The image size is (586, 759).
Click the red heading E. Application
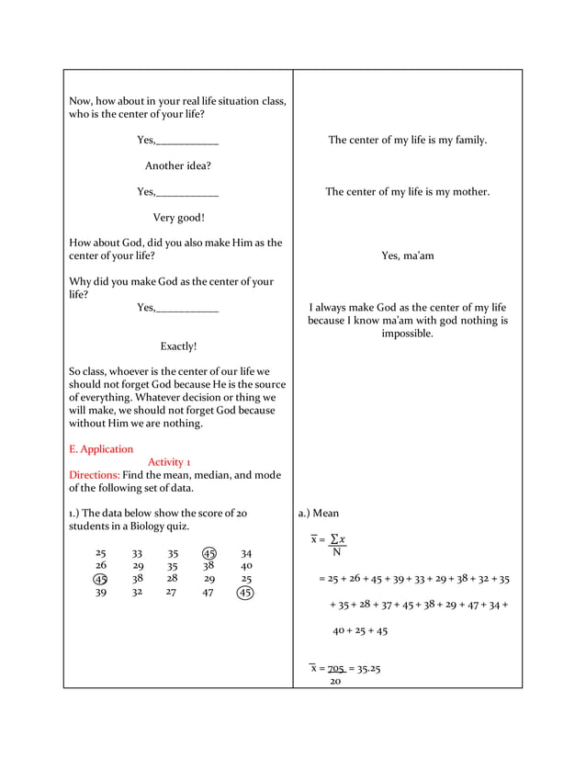pos(101,449)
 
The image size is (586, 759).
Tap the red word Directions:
pos(95,475)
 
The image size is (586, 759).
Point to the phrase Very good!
pos(178,218)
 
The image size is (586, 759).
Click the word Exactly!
pos(178,346)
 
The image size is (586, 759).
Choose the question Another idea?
pos(178,166)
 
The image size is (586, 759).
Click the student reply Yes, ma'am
pos(407,256)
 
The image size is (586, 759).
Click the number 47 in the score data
pos(208,593)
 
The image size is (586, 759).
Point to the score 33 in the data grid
pos(137,554)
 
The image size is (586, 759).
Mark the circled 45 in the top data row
pos(209,554)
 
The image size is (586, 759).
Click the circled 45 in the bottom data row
pos(245,593)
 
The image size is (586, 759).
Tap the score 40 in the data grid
pos(245,567)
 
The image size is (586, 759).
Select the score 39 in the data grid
pos(100,593)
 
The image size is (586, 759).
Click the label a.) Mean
pos(319,514)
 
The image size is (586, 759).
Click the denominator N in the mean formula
pos(336,552)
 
